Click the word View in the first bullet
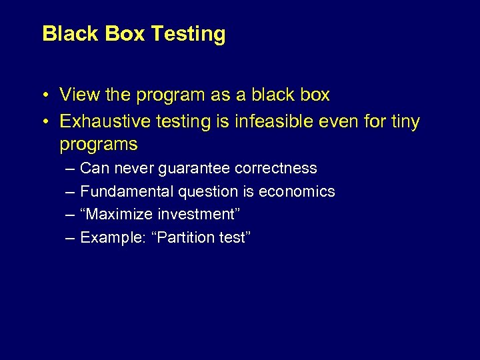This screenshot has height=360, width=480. click(78, 95)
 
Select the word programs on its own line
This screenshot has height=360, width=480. click(99, 144)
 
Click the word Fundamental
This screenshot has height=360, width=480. click(127, 192)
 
